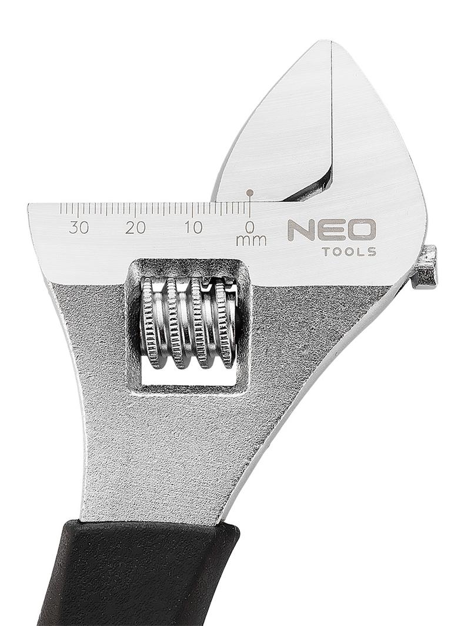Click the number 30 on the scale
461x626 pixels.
point(79,228)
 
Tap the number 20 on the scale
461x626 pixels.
point(136,228)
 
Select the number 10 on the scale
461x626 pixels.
point(193,228)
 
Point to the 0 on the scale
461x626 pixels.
point(250,227)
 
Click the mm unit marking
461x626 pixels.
point(251,241)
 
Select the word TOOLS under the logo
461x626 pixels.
point(349,253)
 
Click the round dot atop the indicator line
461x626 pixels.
point(250,193)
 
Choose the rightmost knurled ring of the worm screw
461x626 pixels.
point(224,323)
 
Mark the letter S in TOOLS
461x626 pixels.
point(372,253)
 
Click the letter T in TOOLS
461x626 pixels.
point(326,253)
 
